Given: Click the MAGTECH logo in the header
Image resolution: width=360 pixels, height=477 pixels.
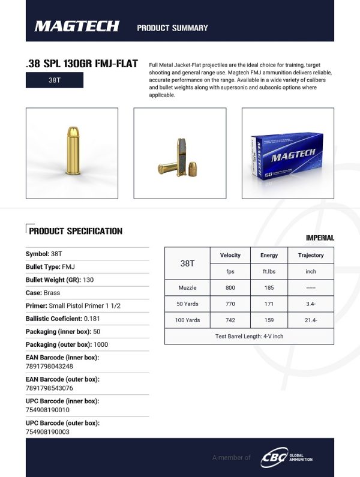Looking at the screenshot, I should click(77, 26).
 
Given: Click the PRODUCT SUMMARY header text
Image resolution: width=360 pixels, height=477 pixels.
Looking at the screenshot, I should click(172, 28).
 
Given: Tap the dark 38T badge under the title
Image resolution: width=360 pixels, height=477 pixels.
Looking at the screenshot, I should click(54, 80).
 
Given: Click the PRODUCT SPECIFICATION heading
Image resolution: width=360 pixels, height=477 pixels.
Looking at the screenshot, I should click(76, 231).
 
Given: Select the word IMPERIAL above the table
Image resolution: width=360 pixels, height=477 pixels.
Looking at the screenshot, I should click(320, 238).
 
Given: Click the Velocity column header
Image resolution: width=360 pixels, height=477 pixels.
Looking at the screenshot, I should click(230, 255).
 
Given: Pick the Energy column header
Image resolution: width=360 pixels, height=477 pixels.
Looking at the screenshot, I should click(269, 255).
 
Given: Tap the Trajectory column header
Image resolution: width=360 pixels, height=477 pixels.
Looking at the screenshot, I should click(311, 255).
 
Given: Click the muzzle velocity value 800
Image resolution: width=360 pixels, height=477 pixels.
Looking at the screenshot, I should click(230, 288).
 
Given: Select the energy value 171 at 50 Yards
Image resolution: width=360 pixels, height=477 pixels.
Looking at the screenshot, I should click(269, 304).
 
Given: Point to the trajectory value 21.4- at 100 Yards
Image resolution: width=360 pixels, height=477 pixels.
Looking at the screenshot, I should click(311, 320).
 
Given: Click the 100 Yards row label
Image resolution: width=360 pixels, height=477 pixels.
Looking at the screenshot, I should click(188, 320).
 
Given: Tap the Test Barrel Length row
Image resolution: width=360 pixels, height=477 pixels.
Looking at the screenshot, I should click(249, 337).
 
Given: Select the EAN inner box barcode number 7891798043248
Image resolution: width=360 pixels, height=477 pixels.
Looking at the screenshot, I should click(49, 366).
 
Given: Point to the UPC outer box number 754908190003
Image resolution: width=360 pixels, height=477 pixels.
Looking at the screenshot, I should click(47, 431).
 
